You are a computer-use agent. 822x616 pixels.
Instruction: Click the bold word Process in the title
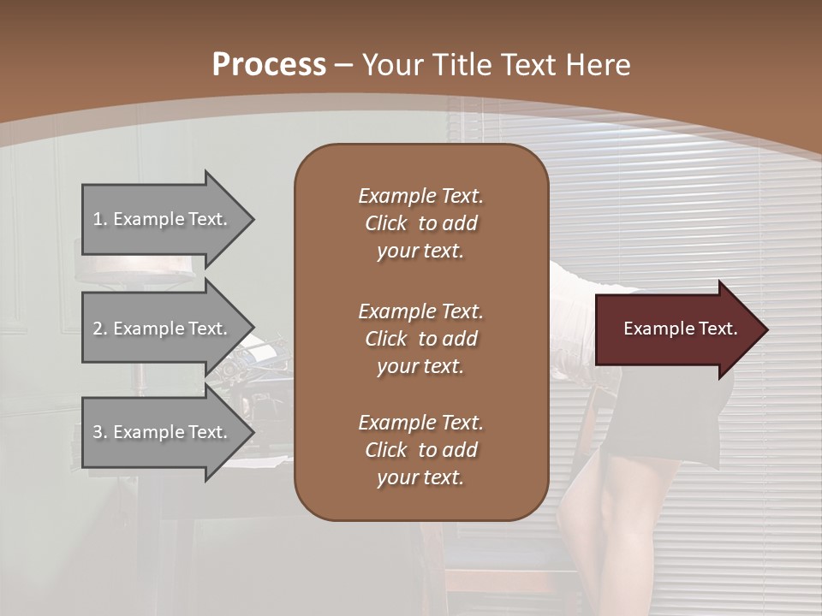[269, 65]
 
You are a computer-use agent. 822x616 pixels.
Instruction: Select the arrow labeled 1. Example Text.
[163, 219]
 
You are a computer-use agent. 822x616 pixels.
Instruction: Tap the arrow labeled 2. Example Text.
[163, 329]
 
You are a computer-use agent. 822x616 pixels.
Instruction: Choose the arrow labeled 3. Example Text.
[163, 432]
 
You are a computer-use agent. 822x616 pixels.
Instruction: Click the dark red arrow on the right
[676, 329]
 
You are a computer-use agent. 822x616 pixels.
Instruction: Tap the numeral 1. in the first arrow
[100, 219]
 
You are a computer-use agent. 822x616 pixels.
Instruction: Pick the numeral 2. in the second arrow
[100, 329]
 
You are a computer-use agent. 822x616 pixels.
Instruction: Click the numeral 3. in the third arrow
[100, 432]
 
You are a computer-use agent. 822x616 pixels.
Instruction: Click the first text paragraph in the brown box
[420, 223]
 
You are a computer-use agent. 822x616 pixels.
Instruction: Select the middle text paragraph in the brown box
[420, 339]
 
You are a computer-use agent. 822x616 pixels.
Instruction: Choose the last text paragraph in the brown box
[420, 450]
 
